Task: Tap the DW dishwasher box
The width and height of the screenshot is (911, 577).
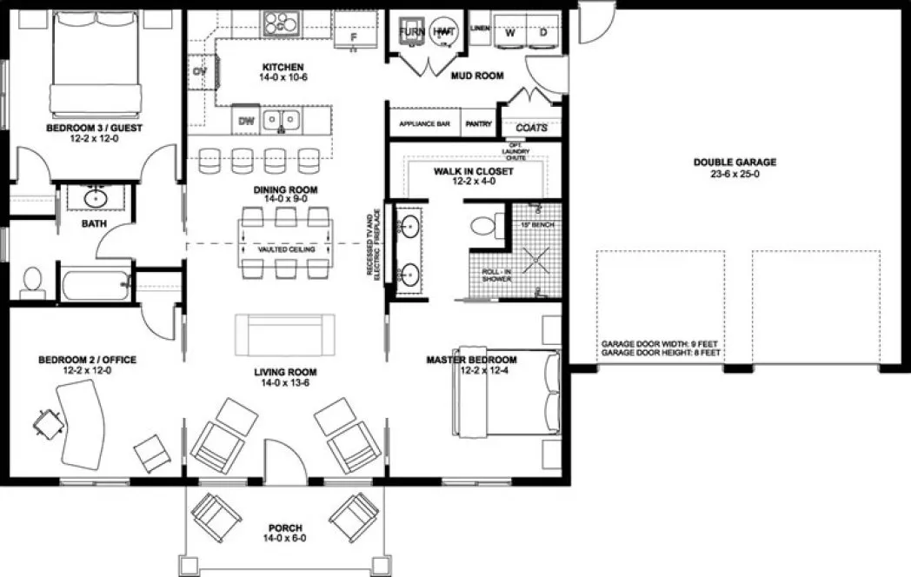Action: [246, 120]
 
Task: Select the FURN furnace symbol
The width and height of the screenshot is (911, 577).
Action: [410, 32]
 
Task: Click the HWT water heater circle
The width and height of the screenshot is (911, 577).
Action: [445, 32]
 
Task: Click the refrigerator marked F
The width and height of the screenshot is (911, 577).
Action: [354, 36]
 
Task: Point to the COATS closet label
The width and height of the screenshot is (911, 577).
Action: [531, 128]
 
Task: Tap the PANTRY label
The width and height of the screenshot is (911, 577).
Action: [479, 124]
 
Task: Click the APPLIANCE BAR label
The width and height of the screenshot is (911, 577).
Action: [424, 124]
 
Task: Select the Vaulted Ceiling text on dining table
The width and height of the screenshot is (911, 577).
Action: [284, 248]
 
